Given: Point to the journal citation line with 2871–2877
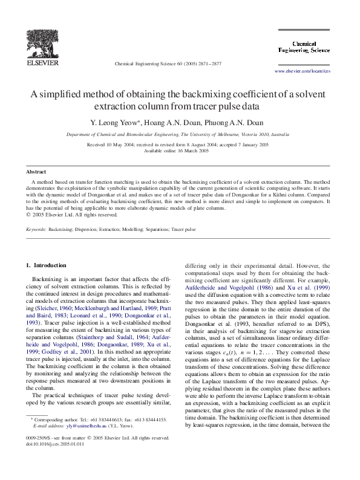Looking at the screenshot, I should [168, 63].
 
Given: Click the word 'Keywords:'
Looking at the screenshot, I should [36, 230].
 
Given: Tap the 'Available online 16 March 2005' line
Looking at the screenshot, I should [179, 151].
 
